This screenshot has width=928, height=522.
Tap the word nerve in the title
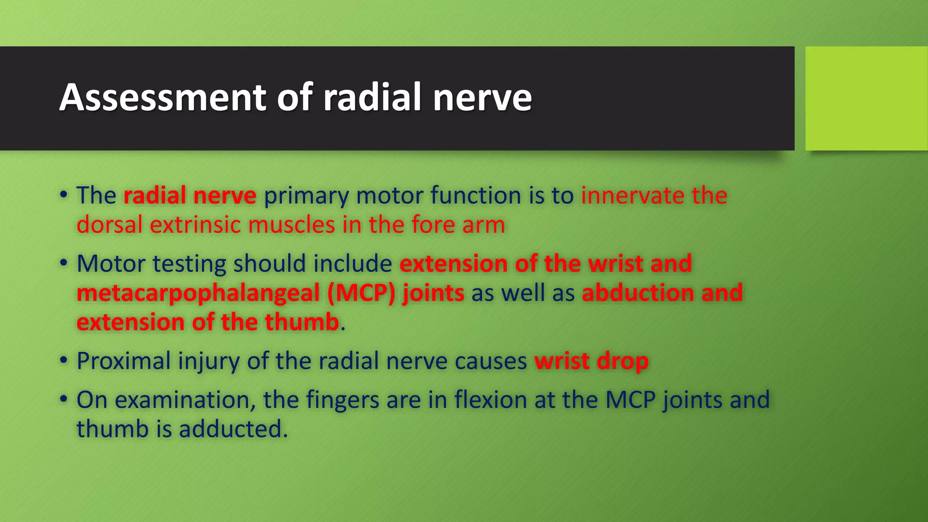pyautogui.click(x=482, y=97)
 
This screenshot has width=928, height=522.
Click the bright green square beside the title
pyautogui.click(x=866, y=98)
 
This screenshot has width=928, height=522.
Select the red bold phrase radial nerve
pyautogui.click(x=190, y=196)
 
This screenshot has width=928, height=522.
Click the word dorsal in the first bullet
pyautogui.click(x=109, y=225)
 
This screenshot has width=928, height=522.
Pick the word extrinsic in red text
pyautogui.click(x=195, y=225)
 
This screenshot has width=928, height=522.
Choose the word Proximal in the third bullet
pyautogui.click(x=124, y=361)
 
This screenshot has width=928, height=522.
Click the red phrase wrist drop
pyautogui.click(x=591, y=361)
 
